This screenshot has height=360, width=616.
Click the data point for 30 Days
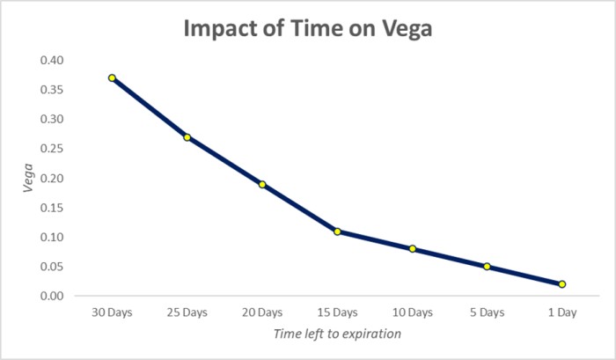point(112,78)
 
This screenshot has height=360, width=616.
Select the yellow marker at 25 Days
point(187,137)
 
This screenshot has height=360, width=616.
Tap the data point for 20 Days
point(262,185)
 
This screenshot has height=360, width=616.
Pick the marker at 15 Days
point(337,231)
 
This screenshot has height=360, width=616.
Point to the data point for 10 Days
point(412,249)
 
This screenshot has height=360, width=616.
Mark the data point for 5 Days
point(487,267)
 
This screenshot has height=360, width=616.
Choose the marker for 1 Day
point(561,284)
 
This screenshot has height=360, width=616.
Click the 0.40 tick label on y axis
point(51,60)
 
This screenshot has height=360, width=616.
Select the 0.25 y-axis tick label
point(51,149)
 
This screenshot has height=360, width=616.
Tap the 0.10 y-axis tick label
point(51,238)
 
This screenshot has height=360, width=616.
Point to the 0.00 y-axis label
point(51,297)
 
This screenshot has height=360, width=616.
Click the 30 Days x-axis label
point(112,312)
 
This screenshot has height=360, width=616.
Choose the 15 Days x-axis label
point(337,312)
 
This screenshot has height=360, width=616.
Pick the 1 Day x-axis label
point(561,312)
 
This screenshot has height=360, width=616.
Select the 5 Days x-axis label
point(487,312)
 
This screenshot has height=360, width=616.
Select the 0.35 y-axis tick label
point(51,90)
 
